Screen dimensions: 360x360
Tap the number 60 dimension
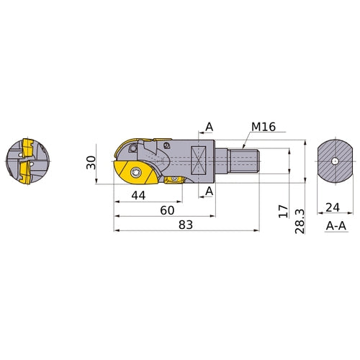tap(168, 210)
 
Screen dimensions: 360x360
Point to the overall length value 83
tap(186, 226)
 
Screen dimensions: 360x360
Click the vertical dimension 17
tap(283, 211)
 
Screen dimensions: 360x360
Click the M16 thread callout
tap(264, 127)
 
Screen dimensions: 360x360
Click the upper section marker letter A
tap(210, 127)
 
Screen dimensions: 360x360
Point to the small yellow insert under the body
tap(173, 181)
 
